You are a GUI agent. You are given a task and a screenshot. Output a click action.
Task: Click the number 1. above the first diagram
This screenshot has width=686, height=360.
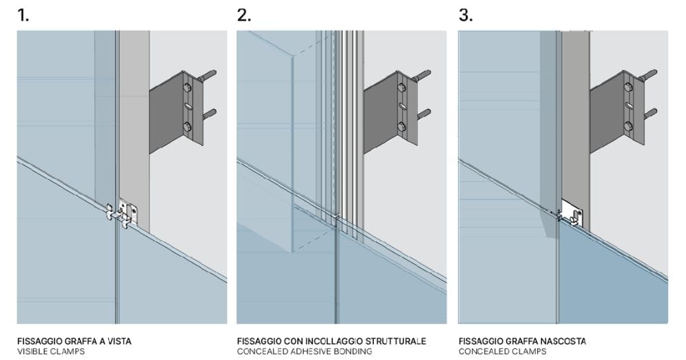point(23,15)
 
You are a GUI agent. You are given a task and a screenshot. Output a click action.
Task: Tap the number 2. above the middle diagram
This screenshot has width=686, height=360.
point(244,15)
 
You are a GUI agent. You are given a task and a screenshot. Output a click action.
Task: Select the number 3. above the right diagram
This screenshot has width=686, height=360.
point(466,15)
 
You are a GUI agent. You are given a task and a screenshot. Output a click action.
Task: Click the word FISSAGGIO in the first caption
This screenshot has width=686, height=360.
point(39,341)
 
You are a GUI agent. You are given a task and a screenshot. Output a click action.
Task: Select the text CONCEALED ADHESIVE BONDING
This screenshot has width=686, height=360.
point(304,352)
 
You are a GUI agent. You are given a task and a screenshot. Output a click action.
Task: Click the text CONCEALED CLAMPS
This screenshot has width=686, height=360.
point(502,352)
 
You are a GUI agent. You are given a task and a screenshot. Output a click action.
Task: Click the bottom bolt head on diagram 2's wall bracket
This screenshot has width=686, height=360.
point(401,126)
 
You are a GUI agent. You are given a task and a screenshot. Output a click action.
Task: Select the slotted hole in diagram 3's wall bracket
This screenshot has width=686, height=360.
point(627,106)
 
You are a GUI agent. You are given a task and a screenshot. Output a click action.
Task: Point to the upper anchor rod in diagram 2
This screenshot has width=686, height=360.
point(421,74)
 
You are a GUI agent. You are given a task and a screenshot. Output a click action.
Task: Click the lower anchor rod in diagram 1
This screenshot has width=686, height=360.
point(209,112)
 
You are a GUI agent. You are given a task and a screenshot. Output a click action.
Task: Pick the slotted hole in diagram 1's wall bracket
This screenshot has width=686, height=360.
point(186,106)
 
